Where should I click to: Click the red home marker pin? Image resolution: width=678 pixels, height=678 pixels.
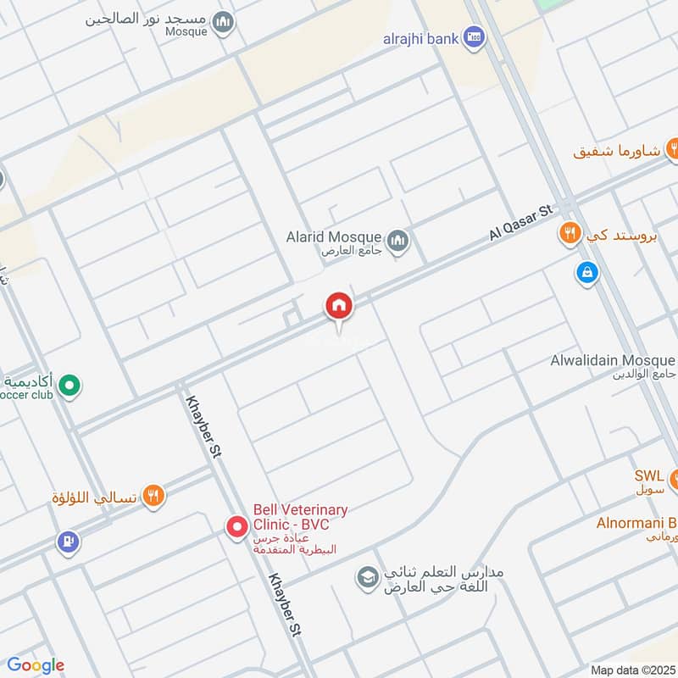point(339,306)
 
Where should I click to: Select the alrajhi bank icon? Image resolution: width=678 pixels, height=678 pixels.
point(475,37)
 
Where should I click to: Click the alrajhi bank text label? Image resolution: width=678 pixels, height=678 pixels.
point(420,37)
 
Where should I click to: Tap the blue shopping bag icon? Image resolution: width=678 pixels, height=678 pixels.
point(586,273)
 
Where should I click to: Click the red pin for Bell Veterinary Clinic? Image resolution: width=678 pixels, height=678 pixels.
point(236,527)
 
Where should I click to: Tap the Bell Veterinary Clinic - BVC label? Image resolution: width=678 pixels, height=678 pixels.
point(300,517)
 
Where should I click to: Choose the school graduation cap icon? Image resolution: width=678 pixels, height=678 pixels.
point(367,579)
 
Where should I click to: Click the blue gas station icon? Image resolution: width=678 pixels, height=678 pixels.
point(67,540)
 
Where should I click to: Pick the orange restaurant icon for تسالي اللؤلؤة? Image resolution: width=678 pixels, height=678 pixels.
point(153,496)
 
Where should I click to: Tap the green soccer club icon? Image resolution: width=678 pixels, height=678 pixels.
point(71,387)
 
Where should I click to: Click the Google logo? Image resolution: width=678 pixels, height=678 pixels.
point(36,665)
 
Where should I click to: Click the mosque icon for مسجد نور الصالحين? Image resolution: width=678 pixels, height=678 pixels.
point(223,22)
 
